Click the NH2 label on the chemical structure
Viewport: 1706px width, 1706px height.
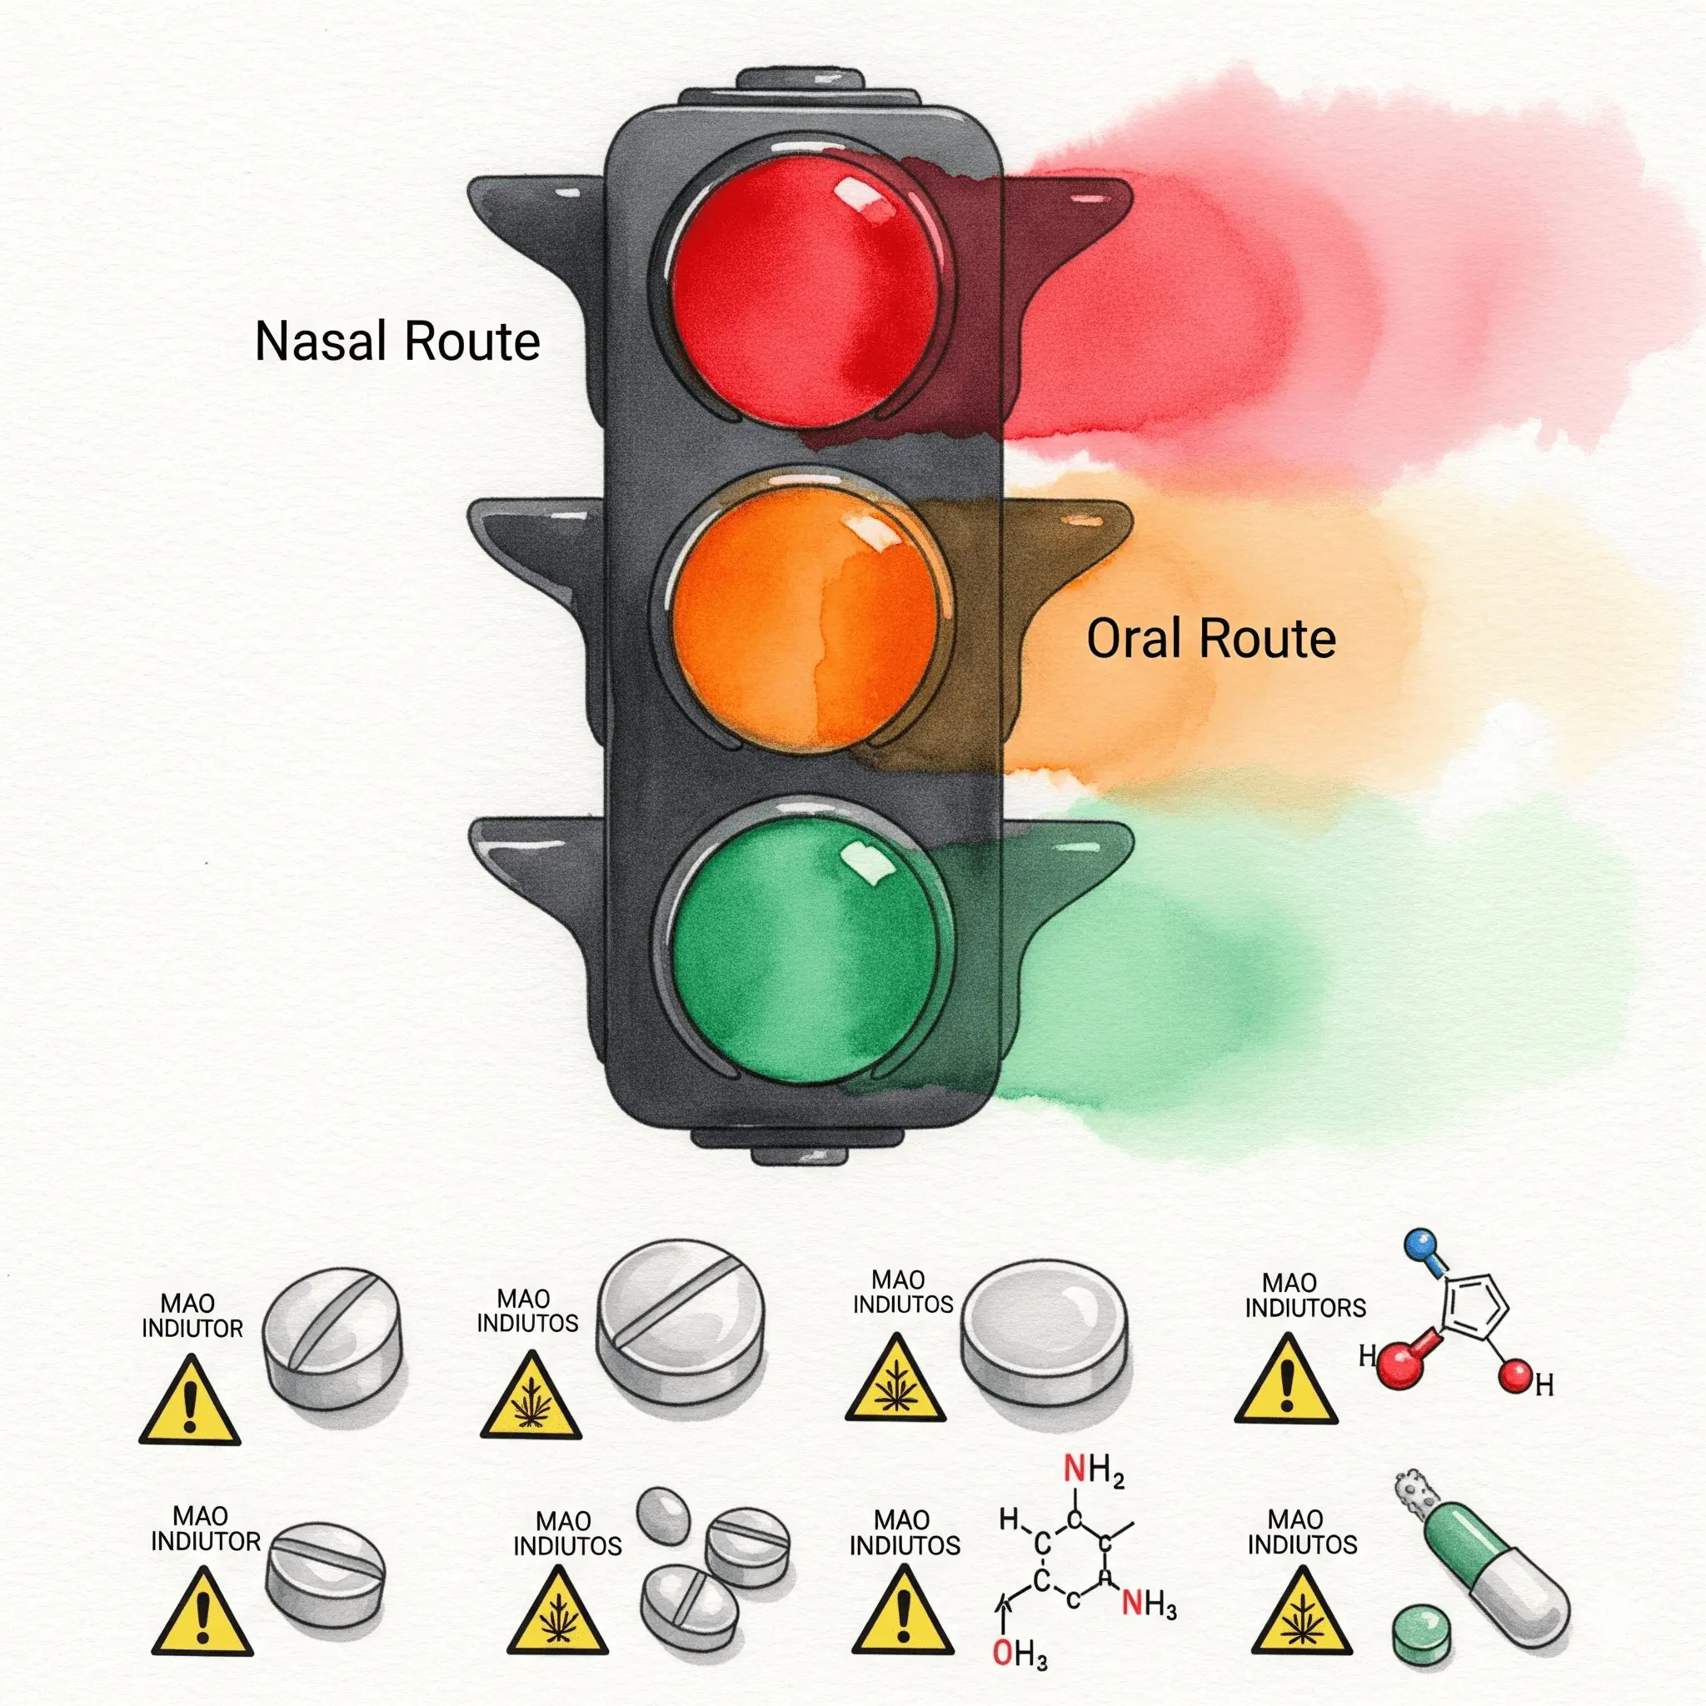tap(1094, 1469)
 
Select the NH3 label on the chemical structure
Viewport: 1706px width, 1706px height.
tap(1149, 1603)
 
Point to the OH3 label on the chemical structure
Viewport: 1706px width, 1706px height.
tap(1019, 1653)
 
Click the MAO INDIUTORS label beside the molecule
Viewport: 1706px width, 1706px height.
tap(1305, 1294)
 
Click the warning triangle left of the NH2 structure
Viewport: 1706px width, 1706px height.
tap(903, 1615)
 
